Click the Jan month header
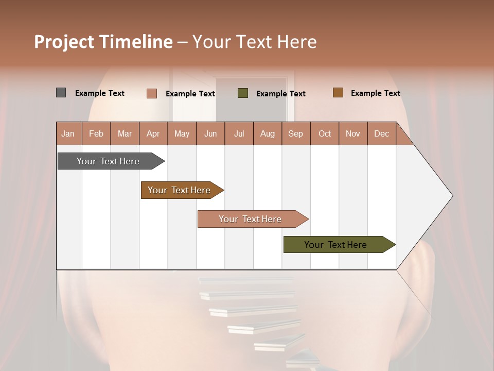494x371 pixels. click(68, 134)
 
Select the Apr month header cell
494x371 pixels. click(153, 134)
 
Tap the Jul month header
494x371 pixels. click(239, 134)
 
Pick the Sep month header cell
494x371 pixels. click(295, 134)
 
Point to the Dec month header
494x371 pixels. click(381, 134)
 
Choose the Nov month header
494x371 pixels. click(353, 134)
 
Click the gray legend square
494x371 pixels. click(61, 93)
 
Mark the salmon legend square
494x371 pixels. click(151, 93)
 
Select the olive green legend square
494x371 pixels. click(243, 93)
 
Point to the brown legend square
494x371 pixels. click(338, 93)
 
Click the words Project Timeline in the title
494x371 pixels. click(103, 42)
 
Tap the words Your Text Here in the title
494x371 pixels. click(254, 42)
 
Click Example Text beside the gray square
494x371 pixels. click(100, 93)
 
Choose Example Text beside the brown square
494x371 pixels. click(376, 93)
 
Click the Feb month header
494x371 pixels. click(96, 134)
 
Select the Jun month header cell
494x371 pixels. click(210, 134)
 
